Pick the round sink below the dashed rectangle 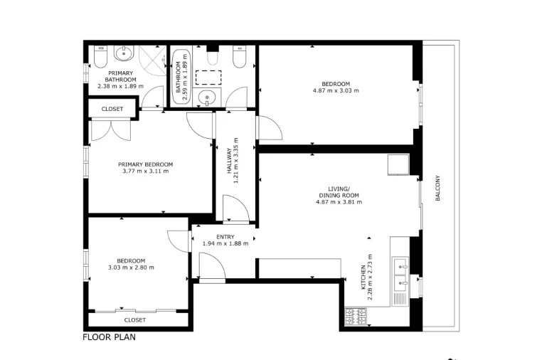[x=207, y=97]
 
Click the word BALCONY [x=438, y=188]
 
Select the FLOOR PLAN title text [x=109, y=337]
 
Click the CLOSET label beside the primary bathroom [x=112, y=109]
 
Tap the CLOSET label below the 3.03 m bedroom [x=134, y=320]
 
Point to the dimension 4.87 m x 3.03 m [x=336, y=90]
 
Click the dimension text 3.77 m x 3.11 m [x=145, y=171]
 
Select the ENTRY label [x=225, y=237]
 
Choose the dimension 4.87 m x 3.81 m [x=339, y=202]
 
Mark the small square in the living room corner [x=396, y=164]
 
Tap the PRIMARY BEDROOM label [x=145, y=164]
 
